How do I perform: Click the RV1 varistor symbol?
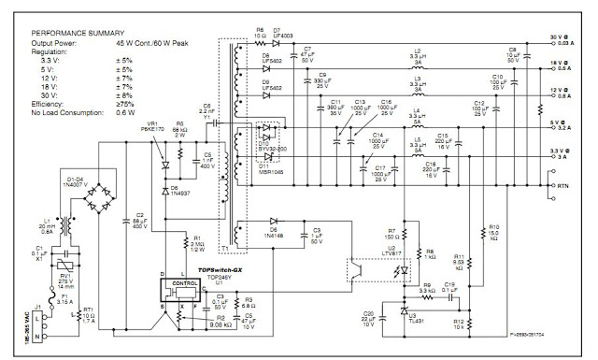[67, 264]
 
